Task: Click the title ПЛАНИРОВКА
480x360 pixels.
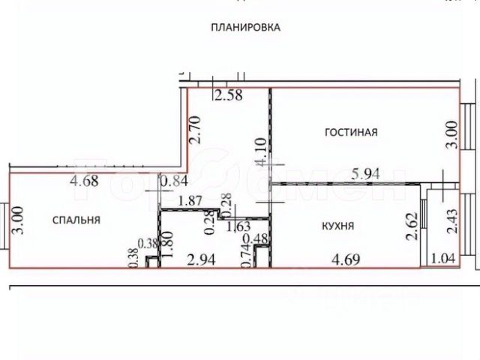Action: pos(245,27)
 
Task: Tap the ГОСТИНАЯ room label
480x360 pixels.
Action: pos(350,133)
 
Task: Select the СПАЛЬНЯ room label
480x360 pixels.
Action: pos(76,220)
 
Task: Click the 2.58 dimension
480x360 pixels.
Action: pos(228,95)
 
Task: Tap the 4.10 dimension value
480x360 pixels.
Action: pos(260,153)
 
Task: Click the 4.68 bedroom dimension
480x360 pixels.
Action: pos(86,180)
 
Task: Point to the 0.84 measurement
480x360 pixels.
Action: pos(175,180)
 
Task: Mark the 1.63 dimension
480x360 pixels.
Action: pos(238,225)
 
